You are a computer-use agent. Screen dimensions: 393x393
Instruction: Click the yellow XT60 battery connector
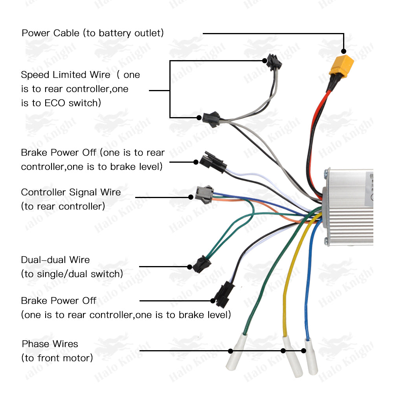coord(341,65)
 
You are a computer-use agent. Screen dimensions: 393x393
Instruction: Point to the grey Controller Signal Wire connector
coord(204,194)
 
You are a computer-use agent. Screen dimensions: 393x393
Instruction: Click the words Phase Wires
coord(50,344)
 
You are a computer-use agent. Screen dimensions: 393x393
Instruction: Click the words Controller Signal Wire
coord(71,192)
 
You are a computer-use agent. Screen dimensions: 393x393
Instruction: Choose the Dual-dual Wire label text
coord(55,260)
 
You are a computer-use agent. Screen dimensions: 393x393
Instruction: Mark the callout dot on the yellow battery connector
coord(343,51)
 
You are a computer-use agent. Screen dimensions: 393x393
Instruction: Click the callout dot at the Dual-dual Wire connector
coord(189,267)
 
